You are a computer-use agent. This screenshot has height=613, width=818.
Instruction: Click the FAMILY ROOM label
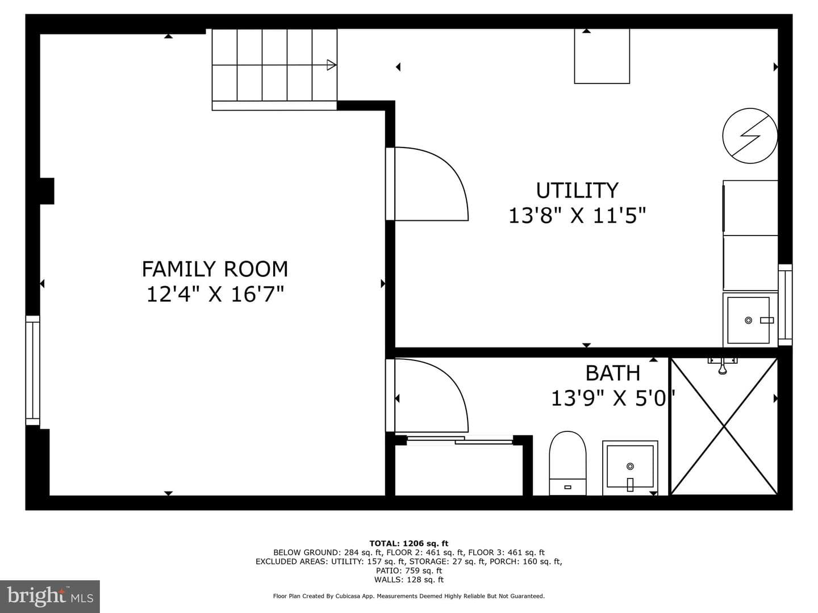(x=215, y=268)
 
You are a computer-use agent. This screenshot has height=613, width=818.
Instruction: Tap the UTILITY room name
(x=577, y=190)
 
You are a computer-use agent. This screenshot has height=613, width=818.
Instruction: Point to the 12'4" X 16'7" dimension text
(x=215, y=294)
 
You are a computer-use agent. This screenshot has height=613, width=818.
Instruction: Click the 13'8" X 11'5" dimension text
(x=577, y=215)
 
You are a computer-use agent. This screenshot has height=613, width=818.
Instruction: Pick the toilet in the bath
(x=567, y=463)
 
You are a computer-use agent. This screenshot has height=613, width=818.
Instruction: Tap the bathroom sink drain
(x=630, y=466)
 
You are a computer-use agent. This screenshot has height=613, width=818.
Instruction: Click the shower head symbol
(x=722, y=366)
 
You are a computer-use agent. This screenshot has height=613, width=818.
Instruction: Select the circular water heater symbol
(x=750, y=136)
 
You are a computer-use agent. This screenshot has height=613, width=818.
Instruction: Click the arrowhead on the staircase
(x=331, y=65)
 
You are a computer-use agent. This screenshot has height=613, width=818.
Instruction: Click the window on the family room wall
(x=32, y=370)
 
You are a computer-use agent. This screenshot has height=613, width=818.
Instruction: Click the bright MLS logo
(x=49, y=596)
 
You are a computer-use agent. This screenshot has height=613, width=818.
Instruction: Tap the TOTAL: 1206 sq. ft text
(x=409, y=543)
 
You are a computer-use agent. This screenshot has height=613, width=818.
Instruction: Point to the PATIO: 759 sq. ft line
(x=409, y=570)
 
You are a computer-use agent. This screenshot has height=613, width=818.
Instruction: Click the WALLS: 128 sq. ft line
(x=409, y=580)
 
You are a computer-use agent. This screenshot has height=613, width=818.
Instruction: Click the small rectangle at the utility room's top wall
(x=602, y=56)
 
